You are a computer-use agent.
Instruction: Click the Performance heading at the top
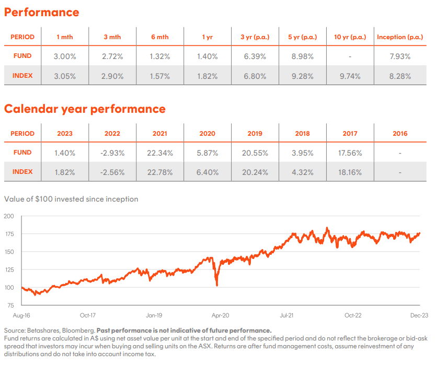pos(42,13)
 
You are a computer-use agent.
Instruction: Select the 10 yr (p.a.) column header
pos(350,37)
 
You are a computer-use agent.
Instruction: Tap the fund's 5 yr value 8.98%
pos(302,56)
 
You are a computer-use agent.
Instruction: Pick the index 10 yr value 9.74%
pos(350,76)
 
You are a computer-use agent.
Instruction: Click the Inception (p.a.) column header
pos(400,37)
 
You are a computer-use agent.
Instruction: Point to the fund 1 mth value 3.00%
pos(65,56)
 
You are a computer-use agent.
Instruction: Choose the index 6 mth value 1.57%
pos(160,76)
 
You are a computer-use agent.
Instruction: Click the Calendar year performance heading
pos(85,109)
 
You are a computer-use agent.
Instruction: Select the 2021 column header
pos(160,134)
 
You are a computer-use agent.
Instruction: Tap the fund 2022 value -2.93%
pos(112,153)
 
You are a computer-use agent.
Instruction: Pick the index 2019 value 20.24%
pos(255,172)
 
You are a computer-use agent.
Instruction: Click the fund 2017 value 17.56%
pos(350,153)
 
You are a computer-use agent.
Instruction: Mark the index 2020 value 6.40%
pos(208,172)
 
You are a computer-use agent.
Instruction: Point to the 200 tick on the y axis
pos(8,216)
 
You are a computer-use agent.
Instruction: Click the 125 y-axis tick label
pos(9,269)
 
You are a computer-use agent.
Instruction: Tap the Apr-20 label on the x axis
pos(220,315)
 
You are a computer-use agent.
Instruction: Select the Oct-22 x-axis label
pos(353,315)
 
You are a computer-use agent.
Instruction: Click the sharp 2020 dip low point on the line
pos(217,285)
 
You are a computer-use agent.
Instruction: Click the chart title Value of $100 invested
pos(71,199)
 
